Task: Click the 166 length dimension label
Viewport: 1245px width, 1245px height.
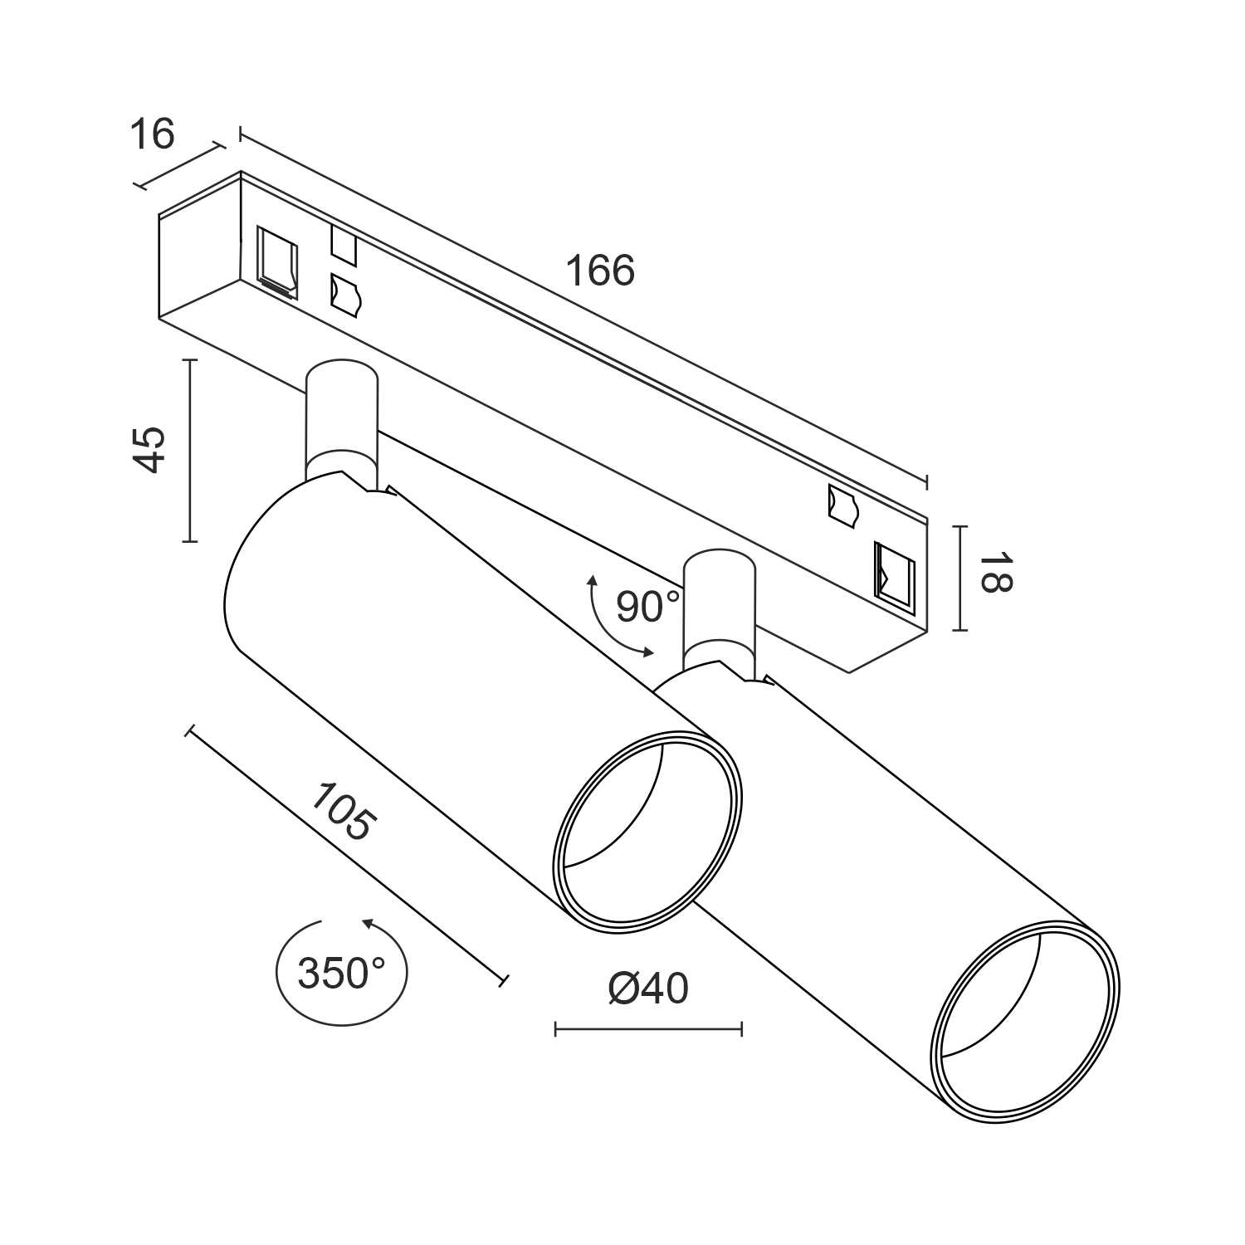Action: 599,271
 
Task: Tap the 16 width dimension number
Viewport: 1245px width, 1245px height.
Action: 153,134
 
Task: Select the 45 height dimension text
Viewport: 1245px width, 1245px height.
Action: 150,450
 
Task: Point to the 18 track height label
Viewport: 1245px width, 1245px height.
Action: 994,573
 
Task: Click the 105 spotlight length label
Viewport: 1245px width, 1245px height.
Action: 343,812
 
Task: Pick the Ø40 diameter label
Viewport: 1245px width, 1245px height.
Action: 648,988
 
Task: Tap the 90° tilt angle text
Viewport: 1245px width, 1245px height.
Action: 647,607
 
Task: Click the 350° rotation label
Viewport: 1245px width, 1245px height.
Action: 340,973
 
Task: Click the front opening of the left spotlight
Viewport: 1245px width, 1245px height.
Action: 647,832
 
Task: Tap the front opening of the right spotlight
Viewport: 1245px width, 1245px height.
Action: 1025,1020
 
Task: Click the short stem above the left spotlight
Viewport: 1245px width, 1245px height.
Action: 341,419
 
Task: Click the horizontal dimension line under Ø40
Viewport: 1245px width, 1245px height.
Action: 648,1030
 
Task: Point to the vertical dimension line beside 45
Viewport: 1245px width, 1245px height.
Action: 190,451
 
